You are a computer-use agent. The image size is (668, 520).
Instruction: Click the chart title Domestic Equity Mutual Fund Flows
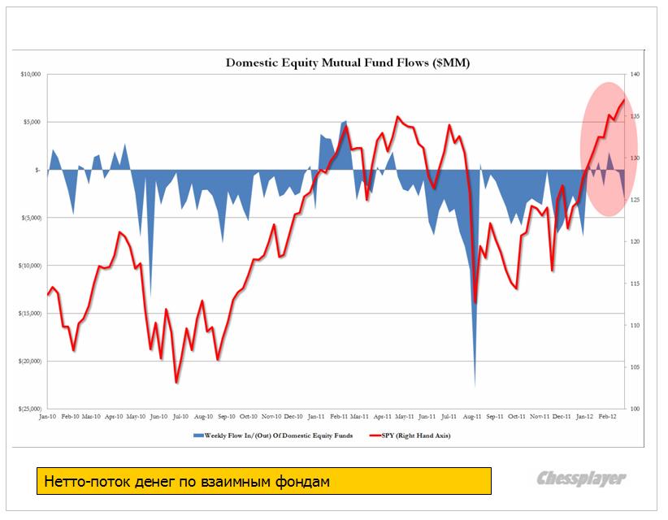pyautogui.click(x=347, y=63)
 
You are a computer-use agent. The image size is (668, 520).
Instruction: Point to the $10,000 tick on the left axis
pyautogui.click(x=30, y=74)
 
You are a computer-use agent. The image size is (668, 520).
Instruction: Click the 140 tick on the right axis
pyautogui.click(x=635, y=74)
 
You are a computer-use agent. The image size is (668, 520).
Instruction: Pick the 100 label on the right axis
pyautogui.click(x=635, y=409)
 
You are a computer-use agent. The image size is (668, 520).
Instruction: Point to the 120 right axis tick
pyautogui.click(x=635, y=241)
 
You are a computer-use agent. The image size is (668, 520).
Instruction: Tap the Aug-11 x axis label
pyautogui.click(x=471, y=416)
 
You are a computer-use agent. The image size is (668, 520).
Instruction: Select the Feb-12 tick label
pyautogui.click(x=606, y=416)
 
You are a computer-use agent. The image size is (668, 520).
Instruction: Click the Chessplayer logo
pyautogui.click(x=581, y=479)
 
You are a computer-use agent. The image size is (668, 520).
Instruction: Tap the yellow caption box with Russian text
pyautogui.click(x=263, y=481)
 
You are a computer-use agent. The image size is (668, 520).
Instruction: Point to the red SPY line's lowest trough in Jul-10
pyautogui.click(x=176, y=382)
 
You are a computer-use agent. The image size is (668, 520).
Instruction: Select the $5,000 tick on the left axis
pyautogui.click(x=32, y=122)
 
